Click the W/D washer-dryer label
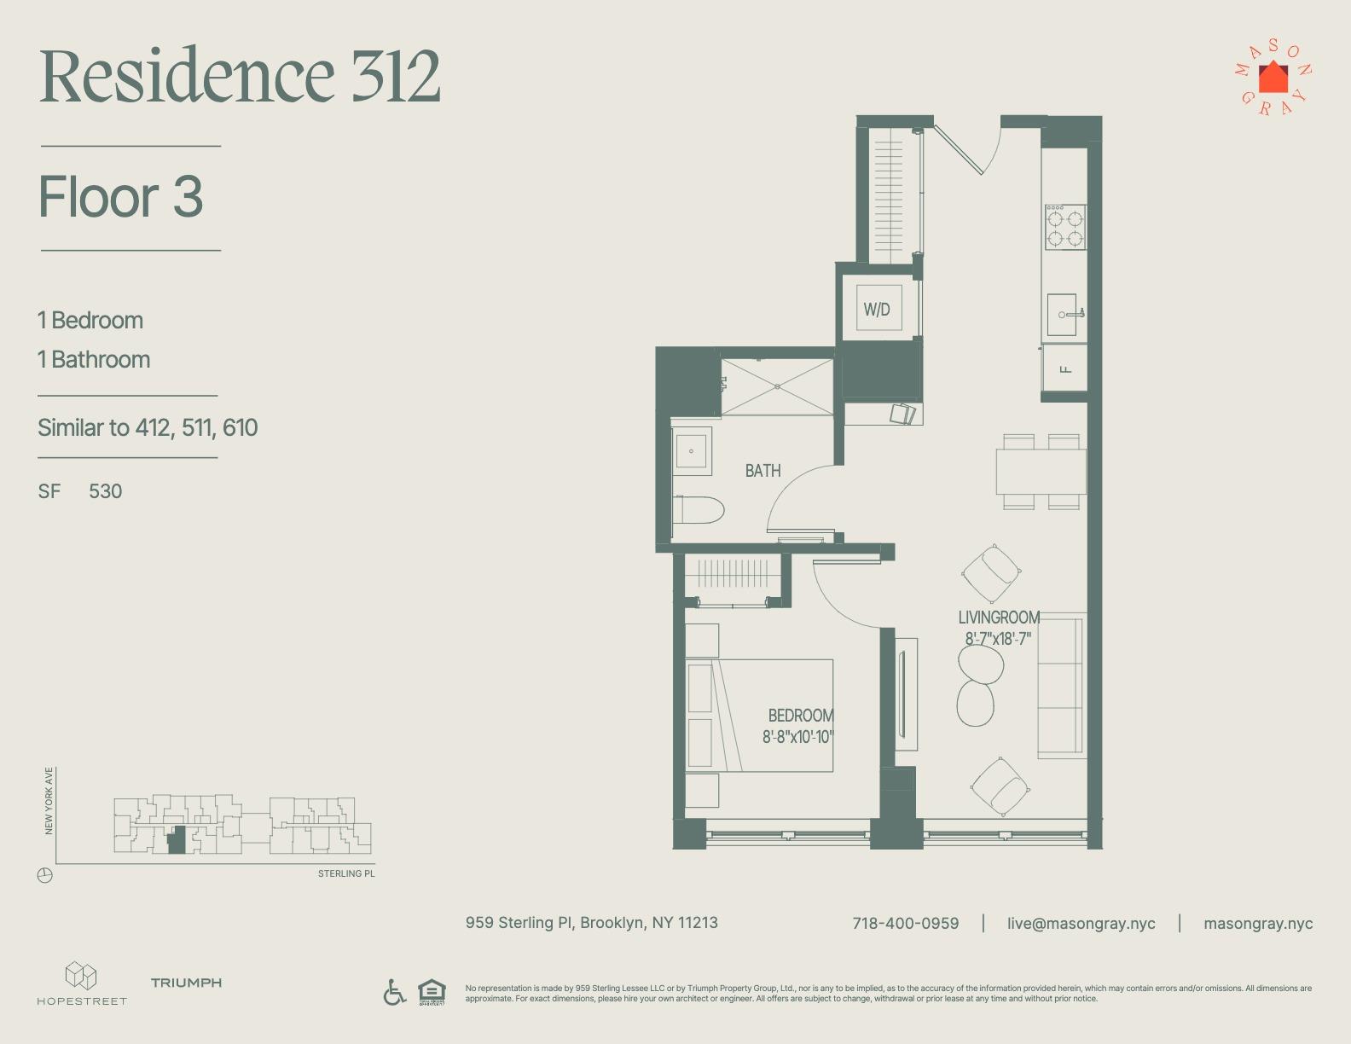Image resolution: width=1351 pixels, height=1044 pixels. coord(876,310)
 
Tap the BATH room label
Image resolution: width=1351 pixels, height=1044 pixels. coord(762,471)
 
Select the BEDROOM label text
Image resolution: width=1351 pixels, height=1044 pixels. coord(800,716)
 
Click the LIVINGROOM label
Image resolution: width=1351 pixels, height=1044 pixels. coord(999,618)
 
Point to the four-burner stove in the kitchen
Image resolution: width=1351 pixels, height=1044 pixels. coord(1065,227)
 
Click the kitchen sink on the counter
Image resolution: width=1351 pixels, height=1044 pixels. coord(1064,315)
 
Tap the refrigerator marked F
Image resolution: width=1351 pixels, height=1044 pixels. coord(1064,369)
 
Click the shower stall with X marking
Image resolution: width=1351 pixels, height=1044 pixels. coord(777,386)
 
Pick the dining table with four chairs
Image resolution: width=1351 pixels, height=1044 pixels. coord(1041,471)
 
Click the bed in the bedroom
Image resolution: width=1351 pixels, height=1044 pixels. coord(759,715)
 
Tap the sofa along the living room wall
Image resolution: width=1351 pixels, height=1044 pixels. coord(1060,685)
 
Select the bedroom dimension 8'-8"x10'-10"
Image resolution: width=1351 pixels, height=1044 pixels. coord(797,737)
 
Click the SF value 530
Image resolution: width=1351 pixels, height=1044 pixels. coord(105,491)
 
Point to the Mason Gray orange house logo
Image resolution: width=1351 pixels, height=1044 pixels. coord(1273,78)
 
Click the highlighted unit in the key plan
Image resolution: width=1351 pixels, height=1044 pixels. coord(176,841)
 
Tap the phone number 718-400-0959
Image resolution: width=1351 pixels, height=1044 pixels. coord(905,923)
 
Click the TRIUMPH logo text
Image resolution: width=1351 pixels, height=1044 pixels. coord(186,983)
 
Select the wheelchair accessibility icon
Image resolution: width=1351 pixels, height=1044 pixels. coord(394,992)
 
